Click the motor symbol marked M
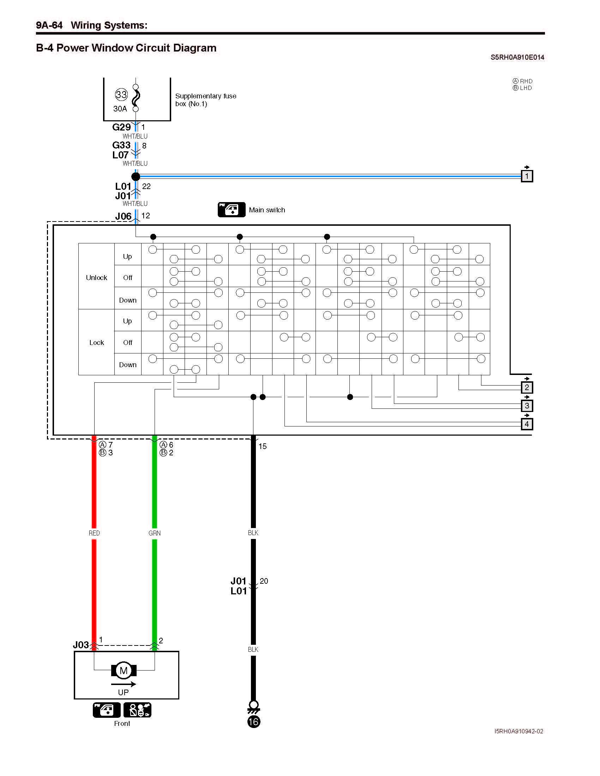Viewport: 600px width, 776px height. (x=124, y=671)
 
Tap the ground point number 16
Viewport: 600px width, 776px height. (x=253, y=722)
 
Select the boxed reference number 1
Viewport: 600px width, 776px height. (x=527, y=176)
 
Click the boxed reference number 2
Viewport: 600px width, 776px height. (x=527, y=387)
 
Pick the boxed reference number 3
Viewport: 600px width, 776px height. (x=527, y=405)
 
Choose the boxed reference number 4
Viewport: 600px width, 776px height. (x=527, y=424)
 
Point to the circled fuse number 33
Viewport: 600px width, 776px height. (x=121, y=95)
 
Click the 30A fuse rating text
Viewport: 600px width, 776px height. (x=120, y=109)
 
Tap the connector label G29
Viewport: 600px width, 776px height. (x=121, y=127)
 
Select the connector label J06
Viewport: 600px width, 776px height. (x=123, y=216)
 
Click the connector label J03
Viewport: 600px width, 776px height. (x=81, y=645)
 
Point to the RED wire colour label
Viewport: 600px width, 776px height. (x=94, y=533)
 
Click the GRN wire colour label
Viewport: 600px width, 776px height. (x=155, y=533)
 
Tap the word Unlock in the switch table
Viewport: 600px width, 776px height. (x=96, y=278)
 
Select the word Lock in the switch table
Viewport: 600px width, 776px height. (x=96, y=342)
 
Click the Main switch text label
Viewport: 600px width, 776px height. (x=267, y=210)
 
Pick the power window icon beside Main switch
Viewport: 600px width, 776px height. (x=232, y=210)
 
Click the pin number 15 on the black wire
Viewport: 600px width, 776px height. (x=263, y=446)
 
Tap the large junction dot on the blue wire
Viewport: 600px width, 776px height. (x=136, y=176)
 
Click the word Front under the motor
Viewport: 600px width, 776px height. (x=122, y=723)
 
